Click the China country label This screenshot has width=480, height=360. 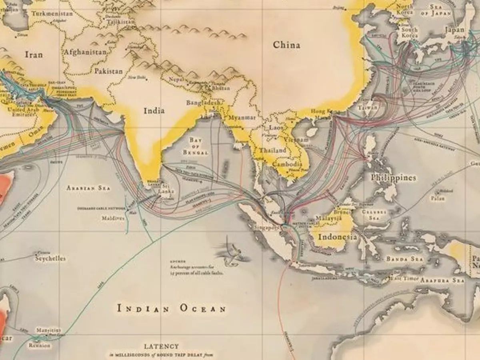pyautogui.click(x=286, y=45)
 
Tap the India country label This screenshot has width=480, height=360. pyautogui.click(x=154, y=111)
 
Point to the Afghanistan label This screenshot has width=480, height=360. pyautogui.click(x=85, y=52)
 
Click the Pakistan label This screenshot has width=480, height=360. pyautogui.click(x=108, y=71)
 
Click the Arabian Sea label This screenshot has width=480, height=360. pyautogui.click(x=88, y=188)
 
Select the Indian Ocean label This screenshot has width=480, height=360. pyautogui.click(x=172, y=308)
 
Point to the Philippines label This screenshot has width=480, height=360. pyautogui.click(x=393, y=178)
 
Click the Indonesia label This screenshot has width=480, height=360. pyautogui.click(x=337, y=237)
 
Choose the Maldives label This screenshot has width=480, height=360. pyautogui.click(x=112, y=219)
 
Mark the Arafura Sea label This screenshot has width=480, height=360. pyautogui.click(x=442, y=280)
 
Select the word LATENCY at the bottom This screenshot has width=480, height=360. pyautogui.click(x=162, y=346)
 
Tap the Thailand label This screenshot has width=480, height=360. pyautogui.click(x=272, y=151)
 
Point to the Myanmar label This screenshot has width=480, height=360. pyautogui.click(x=242, y=118)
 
